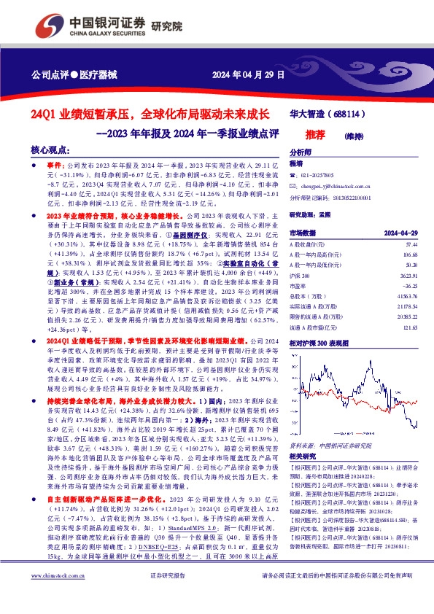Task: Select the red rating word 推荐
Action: click(314, 134)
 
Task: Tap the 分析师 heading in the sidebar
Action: click(301, 153)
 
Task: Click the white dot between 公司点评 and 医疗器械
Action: click(71, 75)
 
